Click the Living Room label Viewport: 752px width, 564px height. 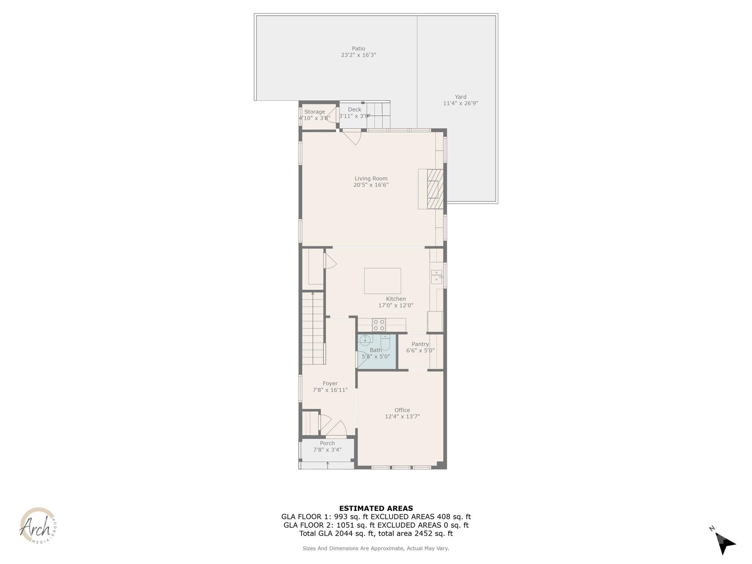pos(371,178)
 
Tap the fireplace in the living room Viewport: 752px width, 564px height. pos(435,189)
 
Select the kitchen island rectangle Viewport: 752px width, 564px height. pos(382,281)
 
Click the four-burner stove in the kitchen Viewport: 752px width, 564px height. pos(379,325)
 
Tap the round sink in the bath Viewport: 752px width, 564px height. pos(365,340)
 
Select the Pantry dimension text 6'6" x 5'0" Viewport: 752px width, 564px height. pos(420,351)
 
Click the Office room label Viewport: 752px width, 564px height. pos(402,410)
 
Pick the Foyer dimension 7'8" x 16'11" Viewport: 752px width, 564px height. pos(330,390)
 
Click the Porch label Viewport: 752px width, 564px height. pos(327,443)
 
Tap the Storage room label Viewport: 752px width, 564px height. pos(315,112)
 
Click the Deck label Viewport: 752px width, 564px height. pos(354,109)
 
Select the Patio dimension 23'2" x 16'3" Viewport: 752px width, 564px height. pos(358,55)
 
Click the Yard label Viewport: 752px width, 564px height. pos(460,97)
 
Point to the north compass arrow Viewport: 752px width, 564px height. pos(724,543)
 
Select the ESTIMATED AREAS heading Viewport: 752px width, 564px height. pos(376,509)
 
